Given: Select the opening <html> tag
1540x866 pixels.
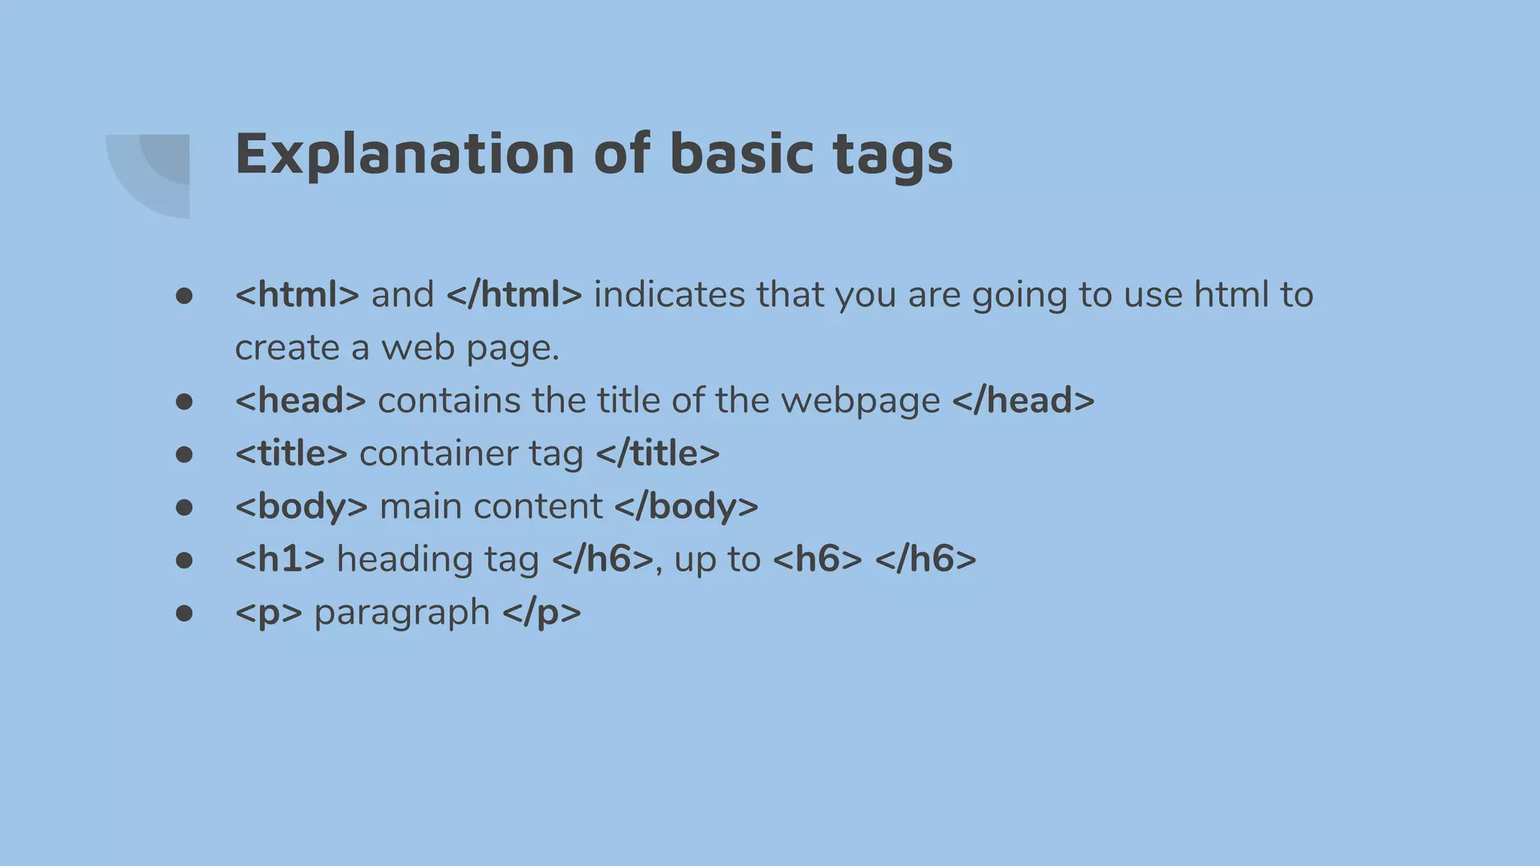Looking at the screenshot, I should pos(297,294).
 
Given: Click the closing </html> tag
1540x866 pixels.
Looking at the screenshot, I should pos(514,294).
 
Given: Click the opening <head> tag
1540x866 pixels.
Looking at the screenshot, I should pos(300,400).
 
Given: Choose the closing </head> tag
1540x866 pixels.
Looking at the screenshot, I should pos(1023,400).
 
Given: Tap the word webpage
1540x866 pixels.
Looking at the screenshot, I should pos(860,400).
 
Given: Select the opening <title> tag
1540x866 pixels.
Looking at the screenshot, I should pos(291,453).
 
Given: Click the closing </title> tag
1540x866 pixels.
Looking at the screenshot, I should pos(657,453).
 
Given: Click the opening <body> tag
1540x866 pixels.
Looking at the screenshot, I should pos(301,506).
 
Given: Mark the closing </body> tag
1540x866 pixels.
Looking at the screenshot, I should pos(686,506).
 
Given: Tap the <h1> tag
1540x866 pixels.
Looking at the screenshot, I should pos(280,559).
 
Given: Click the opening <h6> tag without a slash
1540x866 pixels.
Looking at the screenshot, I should pos(817,559).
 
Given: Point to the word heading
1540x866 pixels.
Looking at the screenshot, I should pos(405,559).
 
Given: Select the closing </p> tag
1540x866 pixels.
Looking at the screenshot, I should pos(541,612).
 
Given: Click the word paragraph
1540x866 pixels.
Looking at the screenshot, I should pos(402,612).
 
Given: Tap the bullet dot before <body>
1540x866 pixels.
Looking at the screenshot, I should pos(183,507).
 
